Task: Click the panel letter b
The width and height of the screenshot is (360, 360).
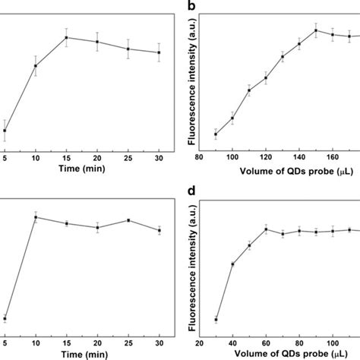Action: pyautogui.click(x=192, y=7)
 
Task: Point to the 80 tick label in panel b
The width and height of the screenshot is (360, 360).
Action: pyautogui.click(x=199, y=158)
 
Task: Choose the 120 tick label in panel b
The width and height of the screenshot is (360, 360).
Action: pyautogui.click(x=265, y=158)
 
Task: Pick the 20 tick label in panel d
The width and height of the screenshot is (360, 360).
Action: pyautogui.click(x=199, y=341)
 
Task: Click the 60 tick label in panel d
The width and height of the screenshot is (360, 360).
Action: pyautogui.click(x=266, y=341)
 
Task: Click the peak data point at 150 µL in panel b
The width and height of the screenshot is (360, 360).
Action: pyautogui.click(x=315, y=30)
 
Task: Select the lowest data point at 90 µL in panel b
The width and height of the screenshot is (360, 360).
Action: pyautogui.click(x=216, y=134)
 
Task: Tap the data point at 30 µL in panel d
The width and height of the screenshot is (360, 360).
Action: pyautogui.click(x=216, y=320)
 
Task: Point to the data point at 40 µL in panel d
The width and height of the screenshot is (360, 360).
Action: pyautogui.click(x=232, y=264)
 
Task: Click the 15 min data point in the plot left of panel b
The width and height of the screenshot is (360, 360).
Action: pyautogui.click(x=66, y=37)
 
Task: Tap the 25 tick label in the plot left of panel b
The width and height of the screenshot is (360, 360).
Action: pyautogui.click(x=128, y=158)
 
